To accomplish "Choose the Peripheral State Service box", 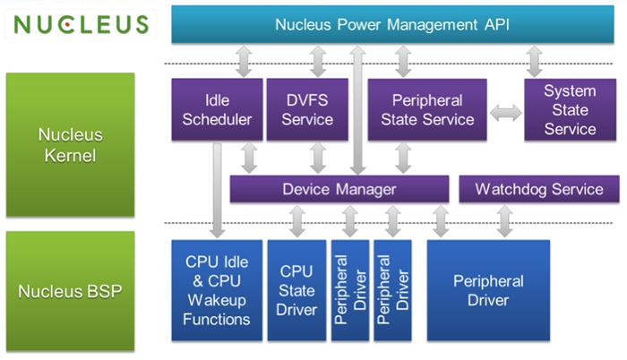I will pos(427,109).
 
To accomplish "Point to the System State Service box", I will pos(570,109).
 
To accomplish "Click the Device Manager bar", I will pos(339,189).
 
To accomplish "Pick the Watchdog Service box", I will pos(538,189).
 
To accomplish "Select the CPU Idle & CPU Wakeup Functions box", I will pos(218,290).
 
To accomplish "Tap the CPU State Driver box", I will pos(297,290).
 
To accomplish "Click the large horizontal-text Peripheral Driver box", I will pos(488,290).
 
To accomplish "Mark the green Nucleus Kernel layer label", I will pos(70,145).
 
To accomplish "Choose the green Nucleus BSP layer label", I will pos(70,290).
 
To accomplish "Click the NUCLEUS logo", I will pos(81,24).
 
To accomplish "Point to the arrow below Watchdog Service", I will pos(505,220).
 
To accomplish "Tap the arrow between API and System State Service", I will pos(535,61).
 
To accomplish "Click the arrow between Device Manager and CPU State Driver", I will pos(297,220).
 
